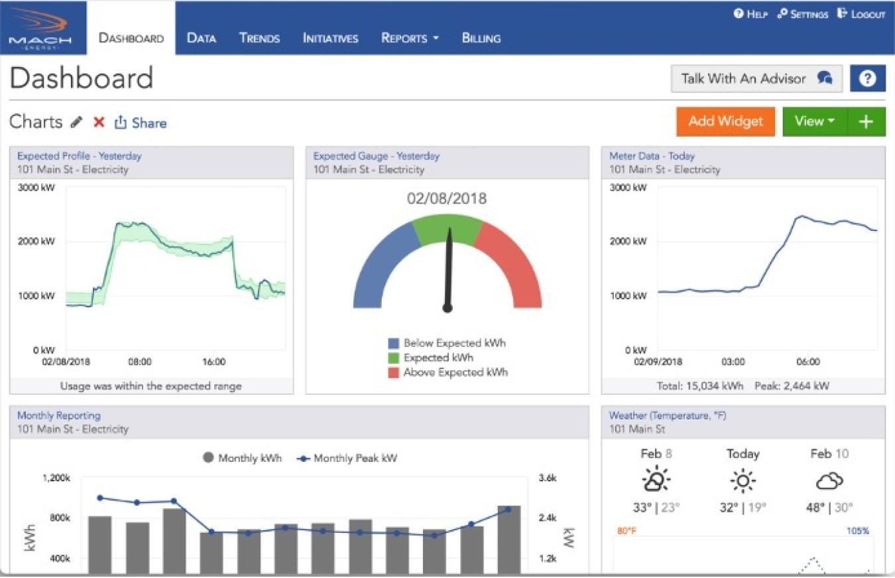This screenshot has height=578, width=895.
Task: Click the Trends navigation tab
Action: click(259, 38)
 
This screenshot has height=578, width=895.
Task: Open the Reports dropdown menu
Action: click(410, 38)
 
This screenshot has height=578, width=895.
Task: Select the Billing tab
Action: click(481, 38)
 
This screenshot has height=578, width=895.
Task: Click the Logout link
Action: click(861, 14)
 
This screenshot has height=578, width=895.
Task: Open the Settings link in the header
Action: click(803, 14)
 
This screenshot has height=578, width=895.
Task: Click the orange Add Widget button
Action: click(725, 121)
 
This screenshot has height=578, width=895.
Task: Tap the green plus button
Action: click(866, 121)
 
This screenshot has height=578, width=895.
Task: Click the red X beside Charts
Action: click(99, 122)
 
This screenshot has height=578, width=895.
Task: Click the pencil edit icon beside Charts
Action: click(77, 122)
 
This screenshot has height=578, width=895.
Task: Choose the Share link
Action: click(141, 123)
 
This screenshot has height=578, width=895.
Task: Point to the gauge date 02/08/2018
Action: click(447, 198)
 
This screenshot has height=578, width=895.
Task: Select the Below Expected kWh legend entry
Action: click(448, 344)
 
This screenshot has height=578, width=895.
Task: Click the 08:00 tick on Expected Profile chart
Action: click(140, 362)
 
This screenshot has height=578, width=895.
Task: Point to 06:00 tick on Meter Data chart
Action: click(807, 362)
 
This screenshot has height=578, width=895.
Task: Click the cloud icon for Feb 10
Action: click(829, 480)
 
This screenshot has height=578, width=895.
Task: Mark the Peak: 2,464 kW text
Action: click(792, 386)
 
